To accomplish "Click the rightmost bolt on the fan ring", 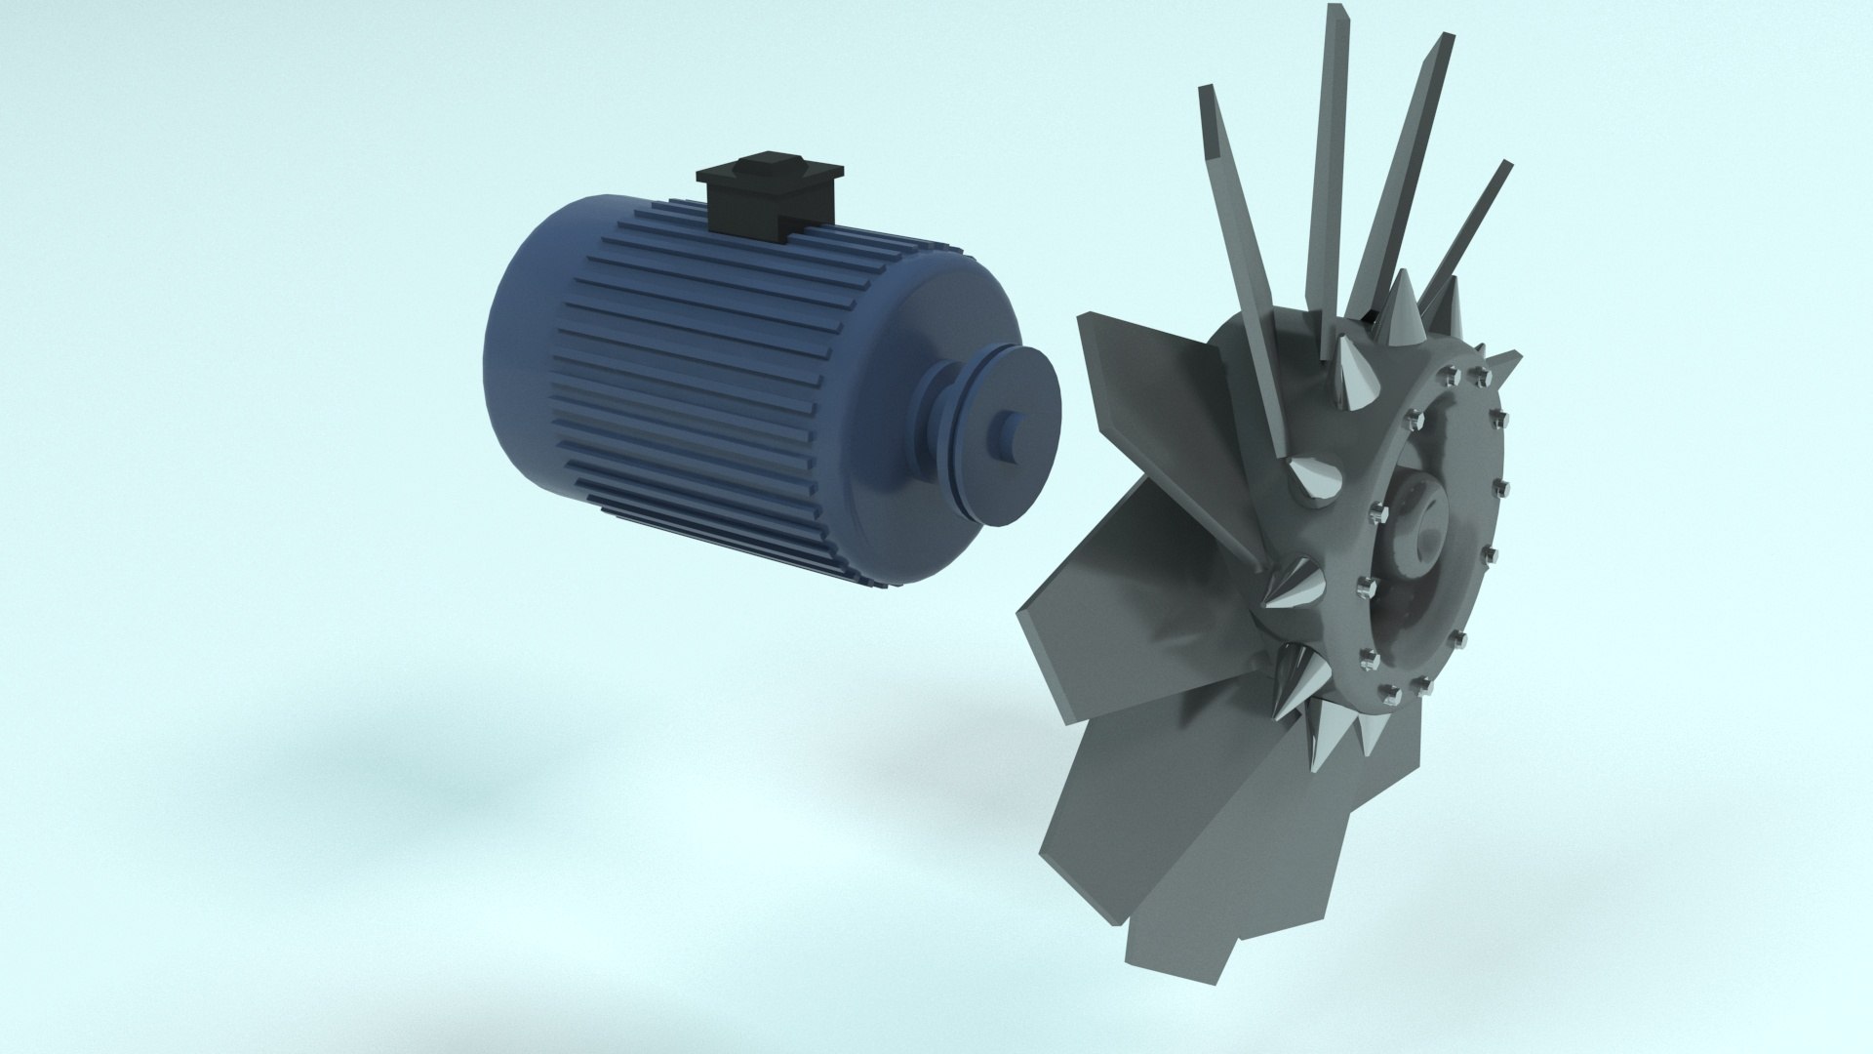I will (1501, 487).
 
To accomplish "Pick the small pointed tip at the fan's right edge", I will (1511, 356).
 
